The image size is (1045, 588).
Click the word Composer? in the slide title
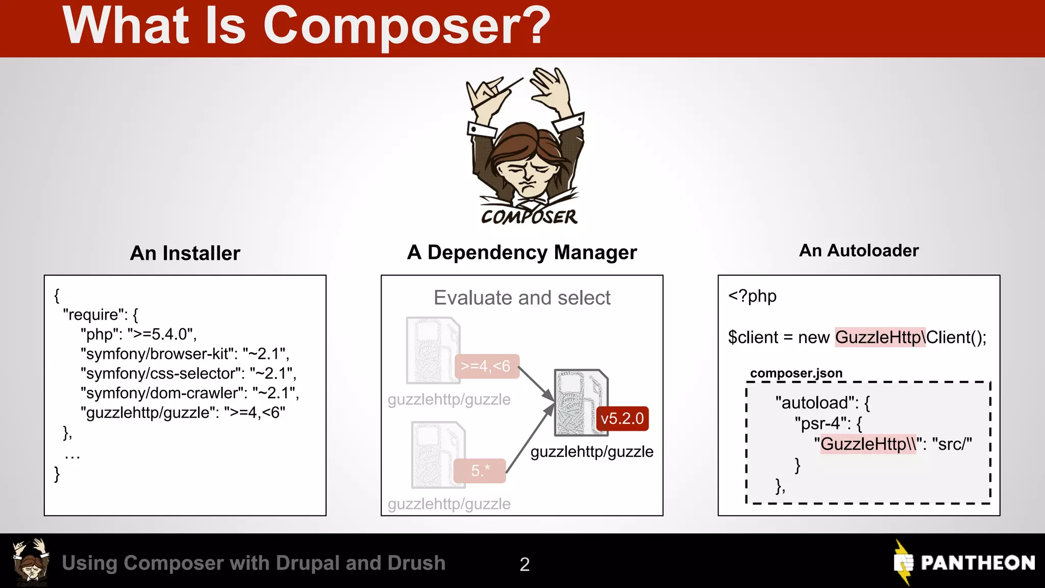(406, 27)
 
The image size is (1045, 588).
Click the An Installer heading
(185, 253)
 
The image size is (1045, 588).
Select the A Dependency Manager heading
(521, 252)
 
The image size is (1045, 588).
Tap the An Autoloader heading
(859, 251)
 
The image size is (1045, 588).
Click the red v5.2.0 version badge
(622, 419)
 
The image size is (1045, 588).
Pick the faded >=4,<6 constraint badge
(486, 366)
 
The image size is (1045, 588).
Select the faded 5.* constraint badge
(480, 470)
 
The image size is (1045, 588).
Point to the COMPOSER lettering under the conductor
(529, 216)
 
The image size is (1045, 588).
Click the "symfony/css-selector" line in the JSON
(188, 373)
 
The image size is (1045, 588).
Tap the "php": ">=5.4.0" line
(138, 334)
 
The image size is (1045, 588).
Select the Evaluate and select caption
(521, 298)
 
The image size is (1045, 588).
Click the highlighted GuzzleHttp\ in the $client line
(880, 337)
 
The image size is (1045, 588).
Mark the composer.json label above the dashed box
(795, 373)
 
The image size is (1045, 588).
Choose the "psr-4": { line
(828, 423)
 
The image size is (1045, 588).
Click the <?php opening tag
(752, 296)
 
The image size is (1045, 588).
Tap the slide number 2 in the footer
(525, 564)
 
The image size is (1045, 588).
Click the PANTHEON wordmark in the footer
(977, 562)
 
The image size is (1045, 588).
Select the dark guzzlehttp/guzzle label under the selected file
(591, 452)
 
